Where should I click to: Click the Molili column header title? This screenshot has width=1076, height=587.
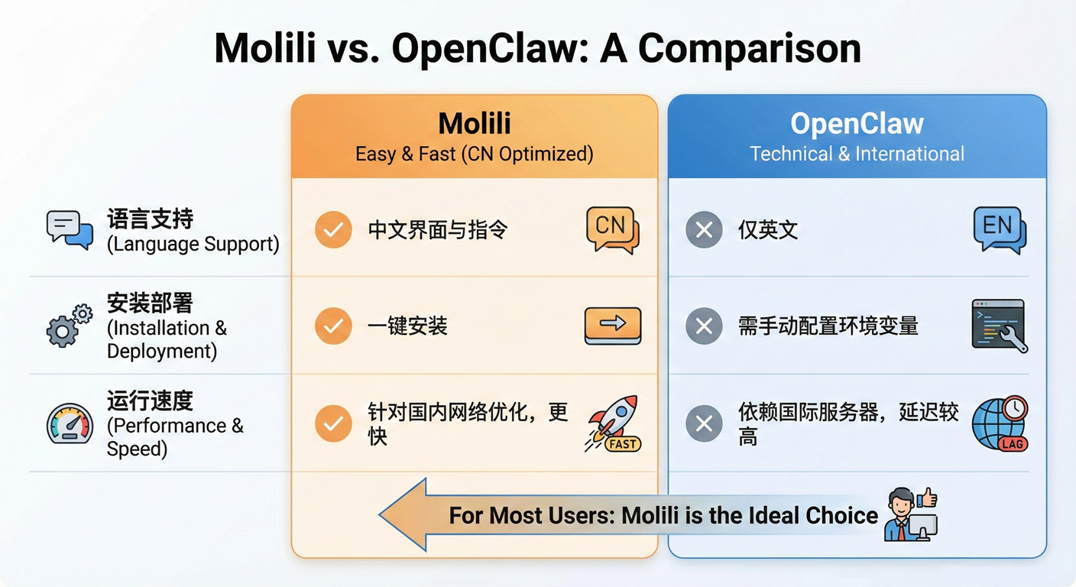click(474, 123)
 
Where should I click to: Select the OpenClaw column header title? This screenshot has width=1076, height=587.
click(857, 123)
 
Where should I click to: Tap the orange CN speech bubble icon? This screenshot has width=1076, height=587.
click(612, 229)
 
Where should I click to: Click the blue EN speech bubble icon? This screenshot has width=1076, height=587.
click(1000, 229)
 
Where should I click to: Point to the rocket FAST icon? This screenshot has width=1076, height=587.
click(614, 423)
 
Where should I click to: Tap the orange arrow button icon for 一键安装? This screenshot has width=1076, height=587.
click(612, 326)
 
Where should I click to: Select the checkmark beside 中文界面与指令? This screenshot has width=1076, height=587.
click(333, 229)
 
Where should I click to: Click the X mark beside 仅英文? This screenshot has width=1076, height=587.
click(704, 229)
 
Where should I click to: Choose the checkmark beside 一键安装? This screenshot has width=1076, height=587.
click(333, 326)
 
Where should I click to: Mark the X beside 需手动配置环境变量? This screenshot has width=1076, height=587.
click(704, 326)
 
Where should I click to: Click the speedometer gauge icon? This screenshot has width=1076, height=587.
click(70, 424)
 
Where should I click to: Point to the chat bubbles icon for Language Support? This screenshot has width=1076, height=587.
click(70, 229)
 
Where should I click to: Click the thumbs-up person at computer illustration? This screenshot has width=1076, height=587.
click(911, 514)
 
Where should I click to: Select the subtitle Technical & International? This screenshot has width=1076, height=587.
click(857, 154)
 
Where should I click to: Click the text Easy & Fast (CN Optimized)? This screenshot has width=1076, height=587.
click(474, 154)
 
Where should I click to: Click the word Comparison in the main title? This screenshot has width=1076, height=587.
click(750, 48)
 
